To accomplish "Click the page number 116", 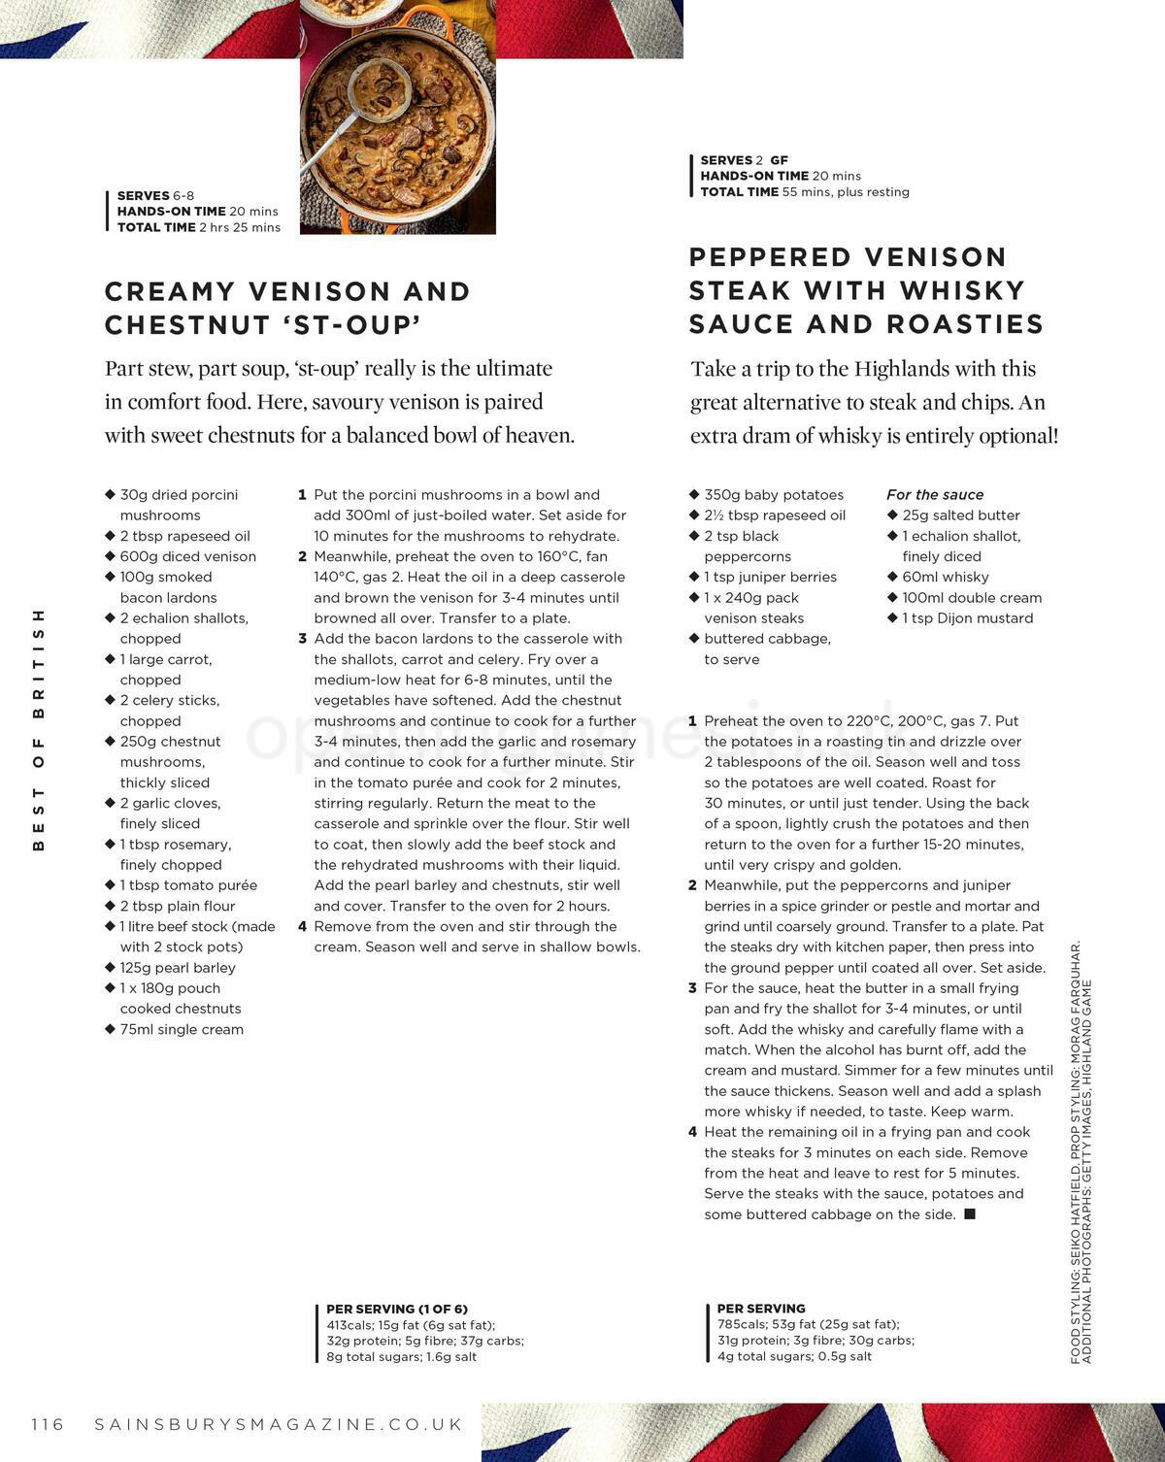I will [48, 1424].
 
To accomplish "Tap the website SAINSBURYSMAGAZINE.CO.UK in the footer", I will [279, 1424].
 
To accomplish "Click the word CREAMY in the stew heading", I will [170, 291].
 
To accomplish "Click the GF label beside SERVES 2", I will [779, 160].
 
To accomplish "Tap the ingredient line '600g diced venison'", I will [187, 556].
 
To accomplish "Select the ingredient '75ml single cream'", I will [182, 1029].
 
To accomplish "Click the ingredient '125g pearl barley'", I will [178, 967].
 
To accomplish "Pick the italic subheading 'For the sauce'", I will [935, 494].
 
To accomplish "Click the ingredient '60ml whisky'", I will [945, 577].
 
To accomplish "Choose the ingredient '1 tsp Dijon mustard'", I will [967, 617].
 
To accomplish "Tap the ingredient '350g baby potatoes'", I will [774, 494].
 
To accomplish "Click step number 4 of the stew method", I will [303, 926].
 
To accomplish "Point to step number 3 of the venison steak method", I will [692, 988].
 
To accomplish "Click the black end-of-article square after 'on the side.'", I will [969, 1213].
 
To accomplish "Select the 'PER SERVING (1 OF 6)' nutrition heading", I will [397, 1309].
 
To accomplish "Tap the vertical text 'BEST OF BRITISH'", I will [39, 729].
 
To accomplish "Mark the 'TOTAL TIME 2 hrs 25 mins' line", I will [199, 227].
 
